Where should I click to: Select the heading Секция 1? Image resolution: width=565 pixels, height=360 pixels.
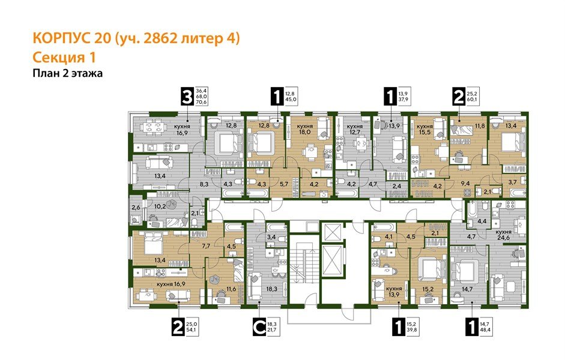click(63, 58)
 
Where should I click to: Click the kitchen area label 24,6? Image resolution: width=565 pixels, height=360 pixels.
click(504, 238)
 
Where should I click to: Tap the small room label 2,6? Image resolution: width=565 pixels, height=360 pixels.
click(136, 207)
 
